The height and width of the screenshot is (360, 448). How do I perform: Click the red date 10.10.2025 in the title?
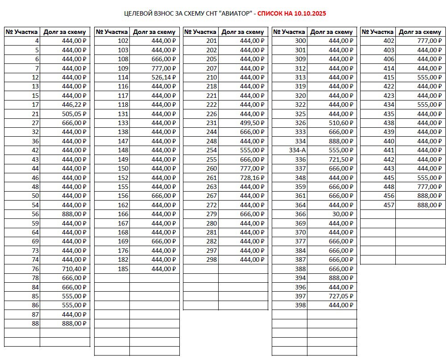pyautogui.click(x=310, y=13)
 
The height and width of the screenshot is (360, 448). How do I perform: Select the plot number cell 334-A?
pyautogui.click(x=298, y=150)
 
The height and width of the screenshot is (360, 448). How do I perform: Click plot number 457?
pyautogui.click(x=389, y=205)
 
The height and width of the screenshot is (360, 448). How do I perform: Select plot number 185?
pyautogui.click(x=123, y=269)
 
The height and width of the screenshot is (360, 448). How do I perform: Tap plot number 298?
pyautogui.click(x=212, y=260)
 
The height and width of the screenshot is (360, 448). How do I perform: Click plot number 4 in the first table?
pyautogui.click(x=37, y=41)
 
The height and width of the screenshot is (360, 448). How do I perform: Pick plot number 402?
pyautogui.click(x=389, y=41)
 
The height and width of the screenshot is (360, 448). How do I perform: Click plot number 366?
pyautogui.click(x=300, y=214)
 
